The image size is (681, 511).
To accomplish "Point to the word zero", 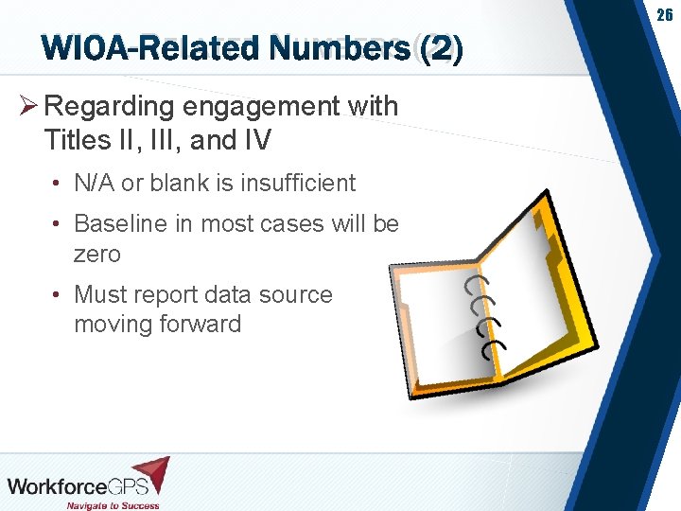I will [97, 254].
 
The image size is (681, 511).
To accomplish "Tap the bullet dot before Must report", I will [57, 295].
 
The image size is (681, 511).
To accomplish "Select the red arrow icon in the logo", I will [150, 473].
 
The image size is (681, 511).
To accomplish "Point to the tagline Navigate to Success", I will [113, 505].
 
